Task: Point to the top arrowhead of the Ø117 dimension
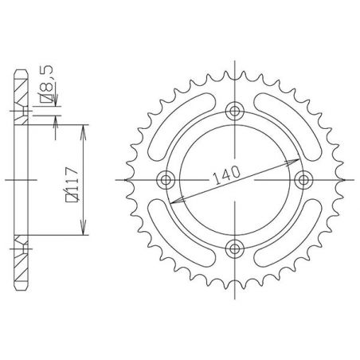tap(83, 127)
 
